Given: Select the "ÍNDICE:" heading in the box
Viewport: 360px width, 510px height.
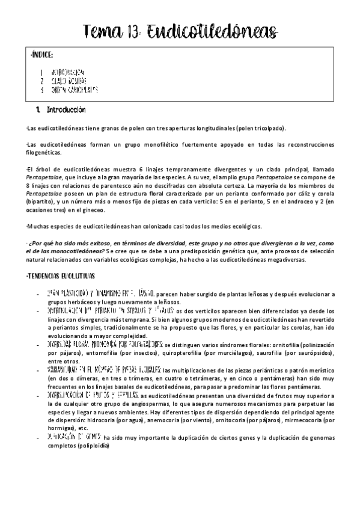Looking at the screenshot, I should pos(41,55).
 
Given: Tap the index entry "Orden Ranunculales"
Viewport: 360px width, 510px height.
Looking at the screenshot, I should pos(75,90).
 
